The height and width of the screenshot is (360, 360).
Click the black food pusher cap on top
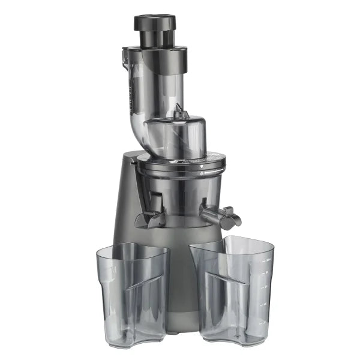tap(155, 23)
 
